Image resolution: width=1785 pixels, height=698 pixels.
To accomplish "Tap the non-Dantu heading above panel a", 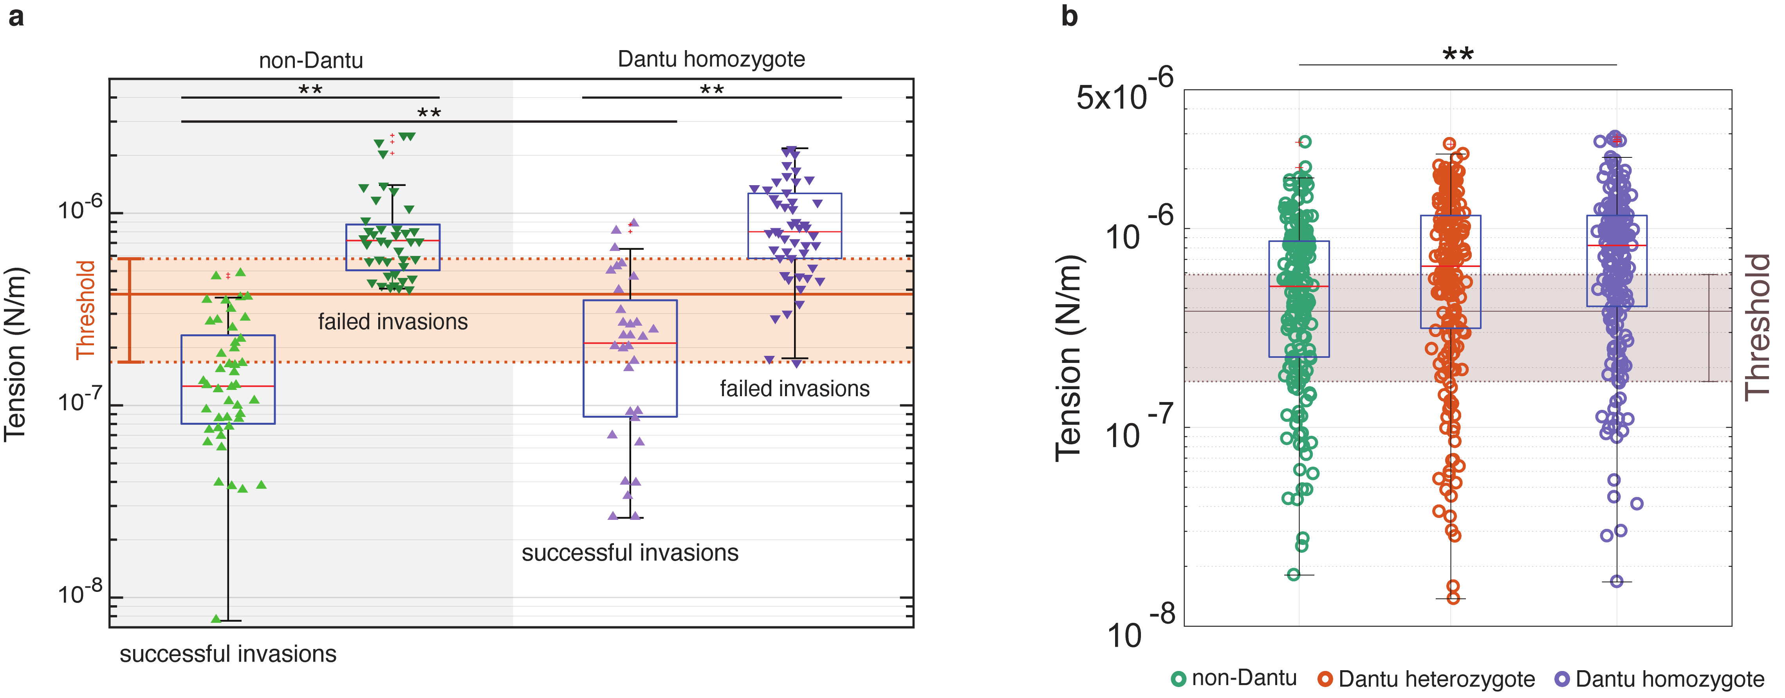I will click(x=310, y=60).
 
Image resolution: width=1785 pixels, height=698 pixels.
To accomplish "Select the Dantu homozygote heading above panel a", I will click(x=711, y=59).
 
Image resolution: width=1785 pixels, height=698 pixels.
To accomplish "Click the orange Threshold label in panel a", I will click(x=85, y=310).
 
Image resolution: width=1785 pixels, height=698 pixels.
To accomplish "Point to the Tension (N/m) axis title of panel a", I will click(x=15, y=354).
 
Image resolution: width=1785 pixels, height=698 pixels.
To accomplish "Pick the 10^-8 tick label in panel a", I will click(x=80, y=593).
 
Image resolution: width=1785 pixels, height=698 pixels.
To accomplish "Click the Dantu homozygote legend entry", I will click(x=1660, y=678).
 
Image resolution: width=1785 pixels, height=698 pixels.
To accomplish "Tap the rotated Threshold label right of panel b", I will click(x=1756, y=327).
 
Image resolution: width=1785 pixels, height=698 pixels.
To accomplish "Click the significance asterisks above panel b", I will click(x=1458, y=53).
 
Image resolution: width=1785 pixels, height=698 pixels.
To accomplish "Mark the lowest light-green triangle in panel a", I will click(x=216, y=618).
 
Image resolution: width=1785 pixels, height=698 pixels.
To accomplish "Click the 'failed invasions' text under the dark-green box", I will click(x=393, y=322).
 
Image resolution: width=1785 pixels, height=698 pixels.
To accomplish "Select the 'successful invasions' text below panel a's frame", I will click(x=228, y=654).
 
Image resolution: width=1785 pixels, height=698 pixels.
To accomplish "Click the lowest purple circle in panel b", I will click(x=1617, y=581).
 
